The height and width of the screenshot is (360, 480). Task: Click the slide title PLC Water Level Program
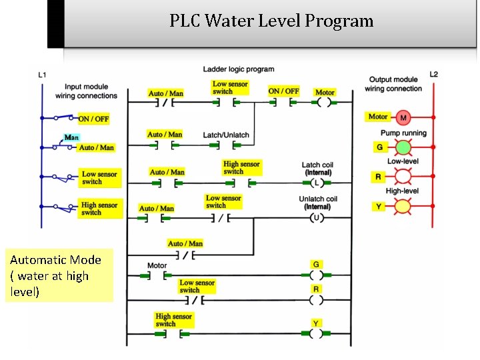(x=271, y=21)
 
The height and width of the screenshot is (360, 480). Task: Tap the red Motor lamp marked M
(x=403, y=118)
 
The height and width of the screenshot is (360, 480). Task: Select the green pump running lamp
(x=403, y=147)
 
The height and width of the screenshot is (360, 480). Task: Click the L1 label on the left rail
(x=42, y=75)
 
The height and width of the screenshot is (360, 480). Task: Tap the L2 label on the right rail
(x=434, y=74)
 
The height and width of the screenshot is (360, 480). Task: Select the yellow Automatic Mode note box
(x=59, y=276)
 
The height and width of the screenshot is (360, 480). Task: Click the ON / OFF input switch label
(x=93, y=119)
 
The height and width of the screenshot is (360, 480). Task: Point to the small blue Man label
(x=71, y=138)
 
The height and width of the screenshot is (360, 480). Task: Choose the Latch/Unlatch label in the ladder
(x=226, y=135)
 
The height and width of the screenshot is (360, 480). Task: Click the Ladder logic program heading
(x=238, y=69)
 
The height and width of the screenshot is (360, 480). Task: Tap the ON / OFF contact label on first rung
(x=283, y=91)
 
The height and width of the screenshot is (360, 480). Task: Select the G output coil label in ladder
(x=316, y=265)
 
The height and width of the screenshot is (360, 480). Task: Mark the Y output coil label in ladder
(x=316, y=323)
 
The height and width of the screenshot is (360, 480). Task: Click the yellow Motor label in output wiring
(x=378, y=117)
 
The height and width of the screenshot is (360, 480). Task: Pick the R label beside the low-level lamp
(x=378, y=177)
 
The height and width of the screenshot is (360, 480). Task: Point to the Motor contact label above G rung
(x=157, y=265)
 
